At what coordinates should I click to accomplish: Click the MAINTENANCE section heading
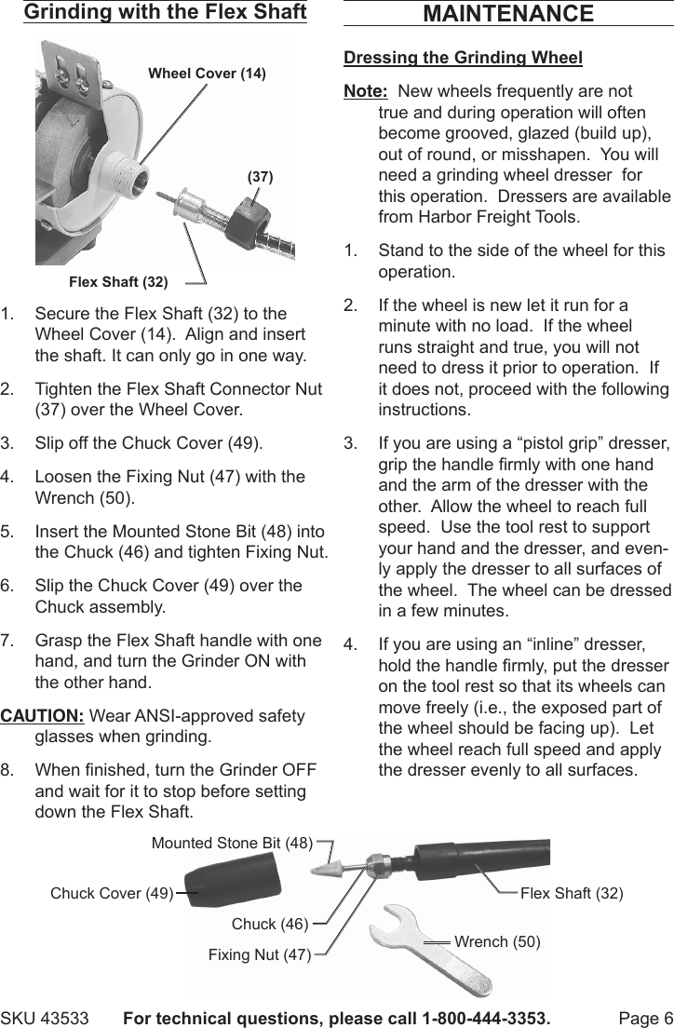point(507,14)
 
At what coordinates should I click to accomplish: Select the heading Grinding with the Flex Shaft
point(165,12)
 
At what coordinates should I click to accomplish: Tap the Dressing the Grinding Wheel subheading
point(463,58)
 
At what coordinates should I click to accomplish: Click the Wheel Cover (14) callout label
point(207,74)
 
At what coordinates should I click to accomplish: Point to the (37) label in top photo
point(260,175)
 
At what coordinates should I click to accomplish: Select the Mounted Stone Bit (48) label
point(232,844)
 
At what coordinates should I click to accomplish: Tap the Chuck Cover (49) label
point(112,893)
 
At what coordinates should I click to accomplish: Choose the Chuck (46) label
point(269,924)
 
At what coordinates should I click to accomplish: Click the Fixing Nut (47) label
point(260,954)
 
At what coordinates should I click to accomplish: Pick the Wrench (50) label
point(497,941)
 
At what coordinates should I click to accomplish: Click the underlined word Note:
point(366,91)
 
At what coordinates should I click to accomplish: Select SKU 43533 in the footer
point(45,1018)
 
